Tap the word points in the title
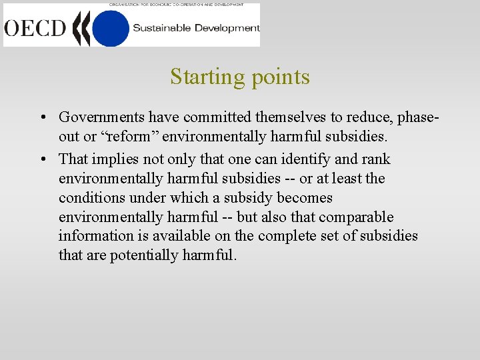(281, 77)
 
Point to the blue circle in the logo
(110, 28)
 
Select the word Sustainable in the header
(163, 28)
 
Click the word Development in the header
(227, 28)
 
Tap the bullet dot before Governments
(42, 118)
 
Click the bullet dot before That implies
(42, 159)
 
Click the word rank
(377, 159)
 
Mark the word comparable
(356, 217)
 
